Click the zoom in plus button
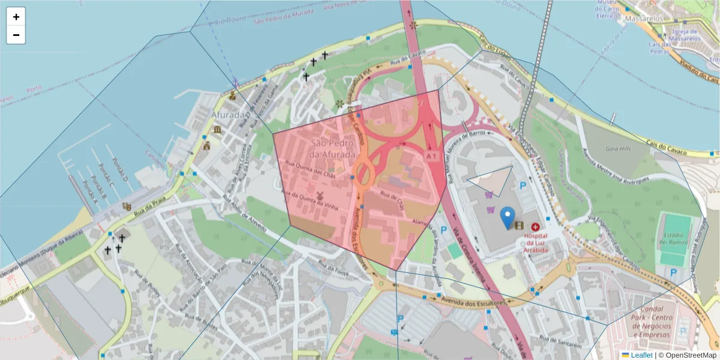pyautogui.click(x=16, y=17)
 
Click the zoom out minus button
pyautogui.click(x=16, y=35)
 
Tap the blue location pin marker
pyautogui.click(x=508, y=217)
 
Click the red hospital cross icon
pyautogui.click(x=535, y=227)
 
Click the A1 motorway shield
pyautogui.click(x=431, y=156)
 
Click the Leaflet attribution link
pyautogui.click(x=641, y=355)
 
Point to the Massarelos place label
pyautogui.click(x=643, y=19)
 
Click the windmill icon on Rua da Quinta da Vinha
pyautogui.click(x=320, y=196)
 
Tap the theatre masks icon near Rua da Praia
pyautogui.click(x=127, y=206)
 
